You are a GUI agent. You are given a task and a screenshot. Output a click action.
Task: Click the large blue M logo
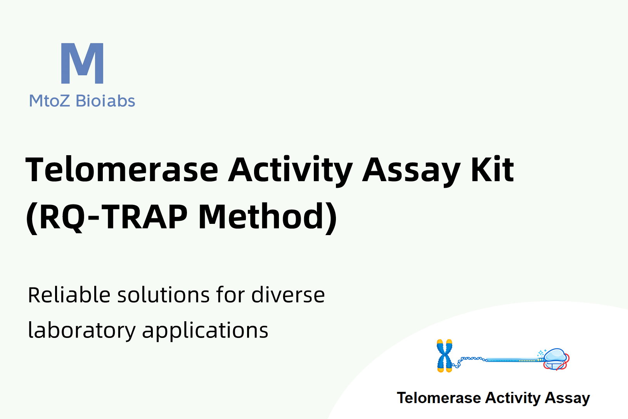tap(82, 63)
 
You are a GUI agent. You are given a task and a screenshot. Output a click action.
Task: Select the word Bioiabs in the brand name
tap(106, 100)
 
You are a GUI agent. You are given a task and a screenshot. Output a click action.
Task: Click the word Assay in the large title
tap(411, 171)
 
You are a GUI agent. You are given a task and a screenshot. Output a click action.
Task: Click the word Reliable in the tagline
tap(69, 295)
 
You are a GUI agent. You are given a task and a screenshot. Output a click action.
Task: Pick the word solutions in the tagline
tap(163, 295)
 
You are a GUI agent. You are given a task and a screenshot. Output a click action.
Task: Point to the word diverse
tap(288, 295)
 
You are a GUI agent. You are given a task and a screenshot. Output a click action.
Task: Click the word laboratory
tap(82, 331)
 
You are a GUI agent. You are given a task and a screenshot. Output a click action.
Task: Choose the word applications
tap(205, 331)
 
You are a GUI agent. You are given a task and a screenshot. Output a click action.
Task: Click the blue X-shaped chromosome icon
tap(445, 356)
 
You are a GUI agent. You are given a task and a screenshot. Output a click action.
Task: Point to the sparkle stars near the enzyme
tap(541, 353)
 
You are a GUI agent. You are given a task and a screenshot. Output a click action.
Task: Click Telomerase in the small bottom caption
tap(439, 398)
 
